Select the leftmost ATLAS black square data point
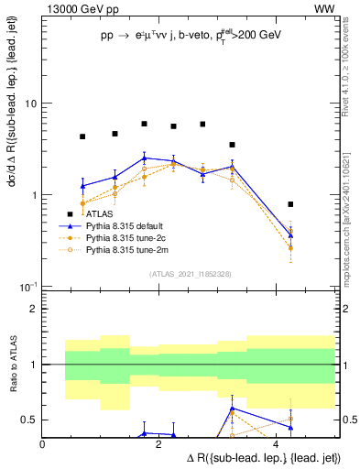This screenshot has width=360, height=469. point(82,136)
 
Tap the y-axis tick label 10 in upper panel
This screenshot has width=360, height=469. point(29,104)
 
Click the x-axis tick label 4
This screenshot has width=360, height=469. point(276,444)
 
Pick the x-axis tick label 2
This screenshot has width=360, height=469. point(159,444)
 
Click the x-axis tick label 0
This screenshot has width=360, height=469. point(43,444)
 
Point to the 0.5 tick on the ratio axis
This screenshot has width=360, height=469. point(28,420)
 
